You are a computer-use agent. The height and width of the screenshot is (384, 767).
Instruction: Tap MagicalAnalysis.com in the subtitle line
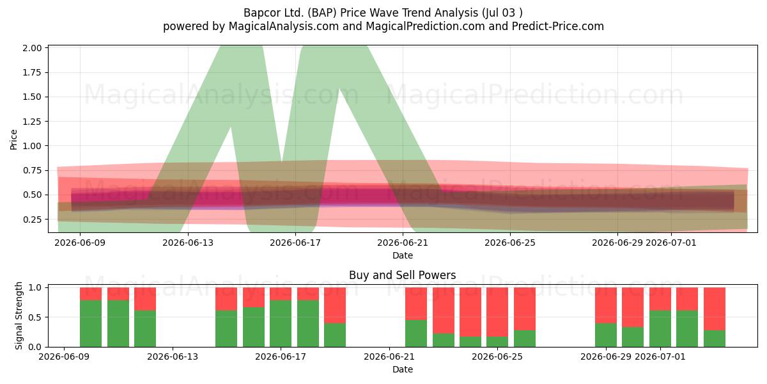click(x=284, y=26)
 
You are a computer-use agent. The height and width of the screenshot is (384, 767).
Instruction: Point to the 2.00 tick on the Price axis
click(x=32, y=48)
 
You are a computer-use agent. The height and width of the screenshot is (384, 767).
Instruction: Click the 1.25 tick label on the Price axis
click(x=32, y=122)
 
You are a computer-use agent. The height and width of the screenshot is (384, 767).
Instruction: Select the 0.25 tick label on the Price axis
click(x=32, y=220)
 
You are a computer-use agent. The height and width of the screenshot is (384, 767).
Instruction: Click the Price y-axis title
click(x=13, y=140)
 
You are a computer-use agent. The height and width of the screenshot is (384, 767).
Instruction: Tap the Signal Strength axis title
click(x=19, y=316)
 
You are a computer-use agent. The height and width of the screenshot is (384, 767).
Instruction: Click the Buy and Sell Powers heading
click(x=402, y=275)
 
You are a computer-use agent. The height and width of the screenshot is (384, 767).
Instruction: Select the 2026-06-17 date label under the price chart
click(x=295, y=243)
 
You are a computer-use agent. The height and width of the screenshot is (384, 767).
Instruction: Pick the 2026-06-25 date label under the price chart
click(x=510, y=243)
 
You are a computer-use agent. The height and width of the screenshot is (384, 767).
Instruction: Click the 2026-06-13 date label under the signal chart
click(x=173, y=356)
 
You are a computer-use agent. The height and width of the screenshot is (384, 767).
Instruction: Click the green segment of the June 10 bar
click(x=91, y=323)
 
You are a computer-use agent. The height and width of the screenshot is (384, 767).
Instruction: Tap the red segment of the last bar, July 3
click(x=715, y=309)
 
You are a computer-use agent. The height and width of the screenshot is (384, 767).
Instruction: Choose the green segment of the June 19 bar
click(x=335, y=335)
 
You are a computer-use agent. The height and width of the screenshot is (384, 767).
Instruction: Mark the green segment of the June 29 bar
click(x=606, y=335)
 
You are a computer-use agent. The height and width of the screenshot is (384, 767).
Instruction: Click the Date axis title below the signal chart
click(x=403, y=369)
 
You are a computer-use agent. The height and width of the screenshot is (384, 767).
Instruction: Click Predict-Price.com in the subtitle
click(x=558, y=26)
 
